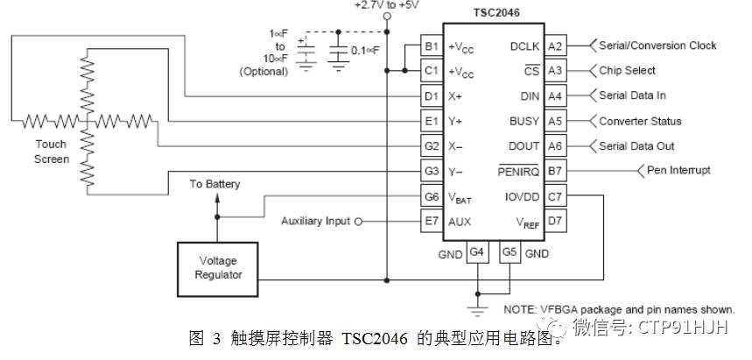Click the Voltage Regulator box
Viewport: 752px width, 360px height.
(216, 267)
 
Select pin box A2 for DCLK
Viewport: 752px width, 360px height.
(556, 46)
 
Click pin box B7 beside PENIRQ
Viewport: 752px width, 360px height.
(556, 171)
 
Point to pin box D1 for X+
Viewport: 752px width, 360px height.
(431, 95)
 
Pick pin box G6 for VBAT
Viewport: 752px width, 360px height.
(431, 196)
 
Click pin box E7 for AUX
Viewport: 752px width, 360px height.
(431, 222)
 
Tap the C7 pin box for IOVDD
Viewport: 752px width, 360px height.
(556, 196)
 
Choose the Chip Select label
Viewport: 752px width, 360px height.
(627, 71)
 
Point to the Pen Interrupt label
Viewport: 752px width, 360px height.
(678, 171)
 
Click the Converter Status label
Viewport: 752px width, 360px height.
(639, 121)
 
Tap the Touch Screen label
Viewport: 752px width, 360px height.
(51, 152)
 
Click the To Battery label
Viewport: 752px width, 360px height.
(214, 184)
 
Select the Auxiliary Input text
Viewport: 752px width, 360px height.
(315, 222)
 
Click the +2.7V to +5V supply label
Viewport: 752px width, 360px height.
(387, 5)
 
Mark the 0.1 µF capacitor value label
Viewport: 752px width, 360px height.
(366, 51)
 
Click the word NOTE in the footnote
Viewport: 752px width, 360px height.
(522, 310)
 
